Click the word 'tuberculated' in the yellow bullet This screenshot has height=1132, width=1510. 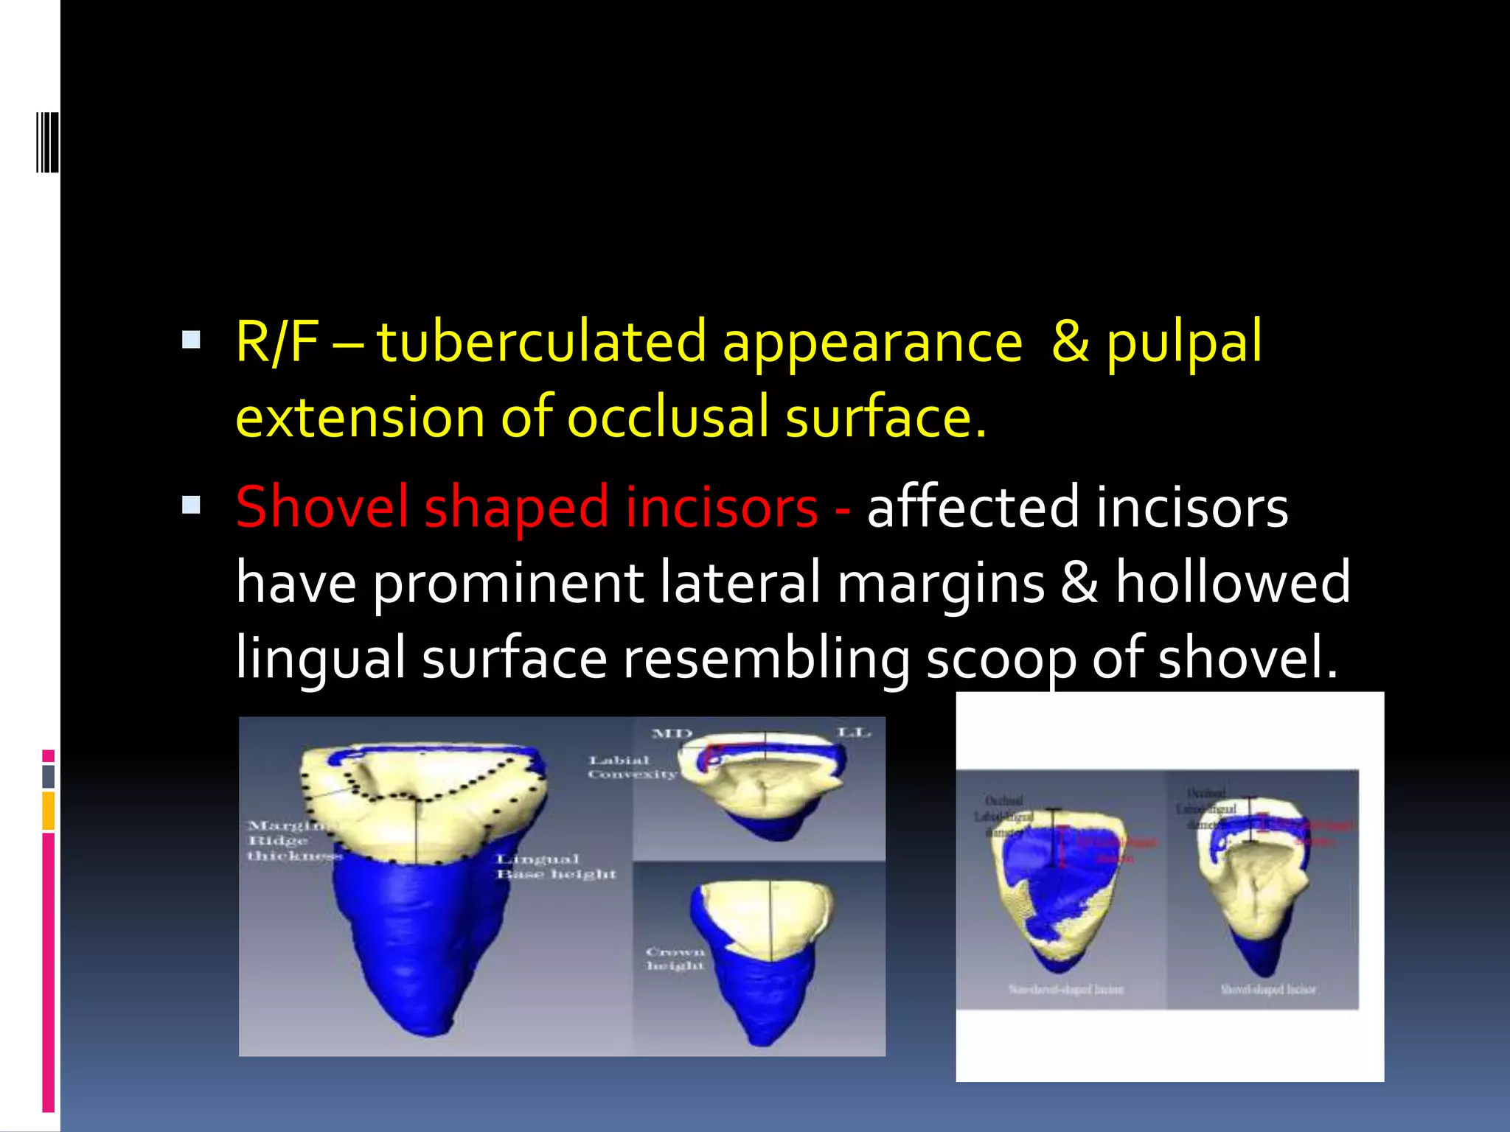pyautogui.click(x=542, y=342)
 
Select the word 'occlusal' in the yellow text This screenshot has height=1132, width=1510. pyautogui.click(x=667, y=417)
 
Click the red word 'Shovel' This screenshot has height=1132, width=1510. pyautogui.click(x=321, y=507)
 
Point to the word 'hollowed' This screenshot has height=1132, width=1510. pyautogui.click(x=1232, y=582)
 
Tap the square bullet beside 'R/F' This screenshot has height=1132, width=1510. pyautogui.click(x=191, y=340)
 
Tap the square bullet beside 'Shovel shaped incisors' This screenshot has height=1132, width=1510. pyautogui.click(x=191, y=505)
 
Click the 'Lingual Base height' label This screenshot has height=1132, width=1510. pyautogui.click(x=554, y=867)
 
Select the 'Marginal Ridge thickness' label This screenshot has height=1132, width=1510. pyautogui.click(x=291, y=841)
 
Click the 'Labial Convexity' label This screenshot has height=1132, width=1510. pyautogui.click(x=631, y=767)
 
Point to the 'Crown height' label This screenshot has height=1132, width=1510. pyautogui.click(x=675, y=959)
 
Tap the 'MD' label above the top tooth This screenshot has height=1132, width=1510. pyautogui.click(x=672, y=734)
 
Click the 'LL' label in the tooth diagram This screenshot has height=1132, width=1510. pyautogui.click(x=854, y=733)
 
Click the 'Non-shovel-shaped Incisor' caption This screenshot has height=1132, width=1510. pyautogui.click(x=1066, y=989)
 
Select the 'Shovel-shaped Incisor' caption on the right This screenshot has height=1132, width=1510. pyautogui.click(x=1267, y=989)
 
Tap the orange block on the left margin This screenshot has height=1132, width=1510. pyautogui.click(x=48, y=811)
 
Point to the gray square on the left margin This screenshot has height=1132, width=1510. pyautogui.click(x=48, y=776)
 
